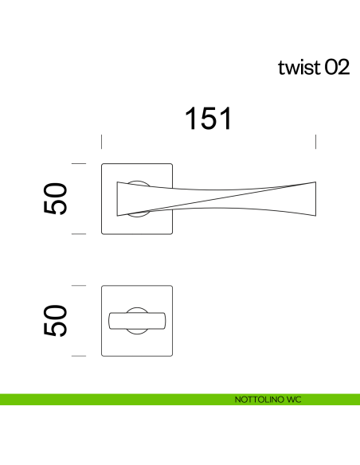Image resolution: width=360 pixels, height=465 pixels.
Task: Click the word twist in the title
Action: coord(299,68)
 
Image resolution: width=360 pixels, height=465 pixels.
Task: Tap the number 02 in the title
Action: coord(336,68)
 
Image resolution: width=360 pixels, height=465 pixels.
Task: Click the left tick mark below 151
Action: coord(101,142)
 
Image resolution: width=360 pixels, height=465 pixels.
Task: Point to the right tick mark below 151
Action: coord(317,142)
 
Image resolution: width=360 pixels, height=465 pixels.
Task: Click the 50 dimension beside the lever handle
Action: coord(56,199)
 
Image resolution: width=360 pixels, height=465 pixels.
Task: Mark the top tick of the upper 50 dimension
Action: coord(78,163)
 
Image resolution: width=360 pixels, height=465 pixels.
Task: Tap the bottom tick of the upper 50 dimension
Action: coord(78,234)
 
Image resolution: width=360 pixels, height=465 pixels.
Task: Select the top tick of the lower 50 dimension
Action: coord(78,285)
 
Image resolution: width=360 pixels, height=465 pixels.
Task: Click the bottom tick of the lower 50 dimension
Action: coord(78,355)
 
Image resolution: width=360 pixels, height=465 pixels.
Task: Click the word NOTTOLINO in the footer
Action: coord(256,398)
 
